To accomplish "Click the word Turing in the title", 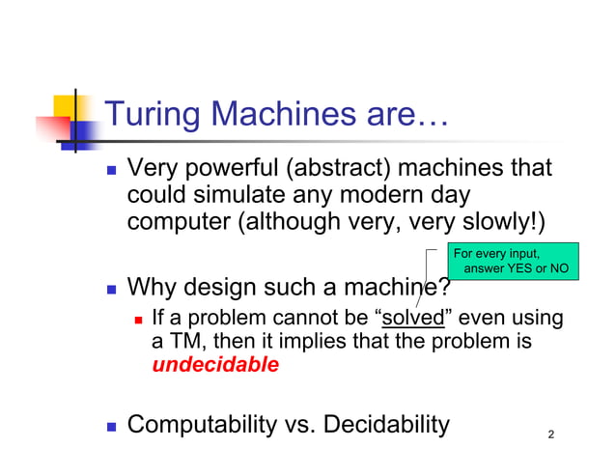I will [x=146, y=117].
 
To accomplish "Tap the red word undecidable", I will [x=215, y=366].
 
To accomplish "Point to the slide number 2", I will [x=550, y=434].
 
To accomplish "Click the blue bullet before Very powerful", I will [x=111, y=171].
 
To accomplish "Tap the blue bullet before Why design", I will [x=111, y=288].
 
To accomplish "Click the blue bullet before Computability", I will [x=111, y=426].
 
